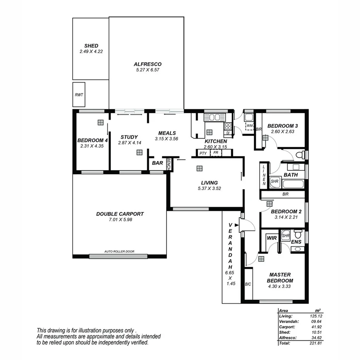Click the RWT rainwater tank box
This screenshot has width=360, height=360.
(x=79, y=95)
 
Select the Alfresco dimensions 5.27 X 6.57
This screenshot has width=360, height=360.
(x=147, y=70)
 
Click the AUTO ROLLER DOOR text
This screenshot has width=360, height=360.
(x=119, y=251)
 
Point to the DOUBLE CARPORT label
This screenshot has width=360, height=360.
(x=120, y=214)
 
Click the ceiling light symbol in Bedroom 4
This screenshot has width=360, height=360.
(x=100, y=122)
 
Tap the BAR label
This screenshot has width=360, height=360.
(x=157, y=163)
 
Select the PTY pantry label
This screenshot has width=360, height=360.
(x=203, y=153)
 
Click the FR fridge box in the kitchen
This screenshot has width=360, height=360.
(x=216, y=153)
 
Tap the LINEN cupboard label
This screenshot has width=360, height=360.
(x=264, y=175)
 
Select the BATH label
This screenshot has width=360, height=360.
(x=290, y=175)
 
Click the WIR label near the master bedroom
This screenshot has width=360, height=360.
(x=272, y=238)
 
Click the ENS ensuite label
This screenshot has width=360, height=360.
(x=296, y=242)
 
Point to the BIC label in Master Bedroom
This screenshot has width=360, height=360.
(x=248, y=284)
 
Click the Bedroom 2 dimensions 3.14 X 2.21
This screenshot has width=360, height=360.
(x=286, y=217)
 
